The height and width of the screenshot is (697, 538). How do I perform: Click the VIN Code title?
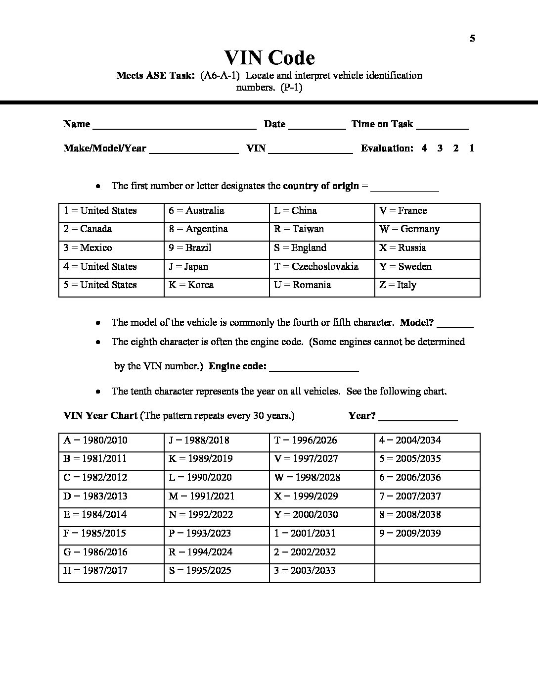click(x=269, y=58)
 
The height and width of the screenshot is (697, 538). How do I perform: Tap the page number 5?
click(x=472, y=39)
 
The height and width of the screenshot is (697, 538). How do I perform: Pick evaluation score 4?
click(x=424, y=148)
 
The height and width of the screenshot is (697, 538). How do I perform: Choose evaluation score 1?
click(x=472, y=148)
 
